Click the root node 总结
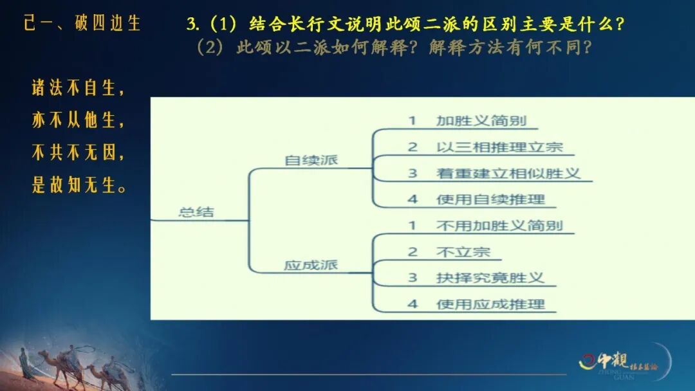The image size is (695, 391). click(196, 212)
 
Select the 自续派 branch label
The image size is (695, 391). click(311, 160)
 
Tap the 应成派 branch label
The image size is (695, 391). click(311, 265)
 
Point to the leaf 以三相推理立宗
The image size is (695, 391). click(499, 147)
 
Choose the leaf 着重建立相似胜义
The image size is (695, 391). click(508, 173)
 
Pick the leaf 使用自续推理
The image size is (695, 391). click(490, 199)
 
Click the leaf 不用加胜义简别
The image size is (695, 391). click(499, 225)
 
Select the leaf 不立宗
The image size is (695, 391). click(463, 251)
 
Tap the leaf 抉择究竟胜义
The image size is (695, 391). click(490, 278)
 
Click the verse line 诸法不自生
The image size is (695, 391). click(78, 89)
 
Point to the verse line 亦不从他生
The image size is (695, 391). click(78, 120)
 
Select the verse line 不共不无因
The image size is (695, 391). click(78, 153)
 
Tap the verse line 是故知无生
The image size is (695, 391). click(78, 186)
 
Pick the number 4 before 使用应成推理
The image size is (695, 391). click(412, 304)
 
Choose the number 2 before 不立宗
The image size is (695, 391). click(412, 251)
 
